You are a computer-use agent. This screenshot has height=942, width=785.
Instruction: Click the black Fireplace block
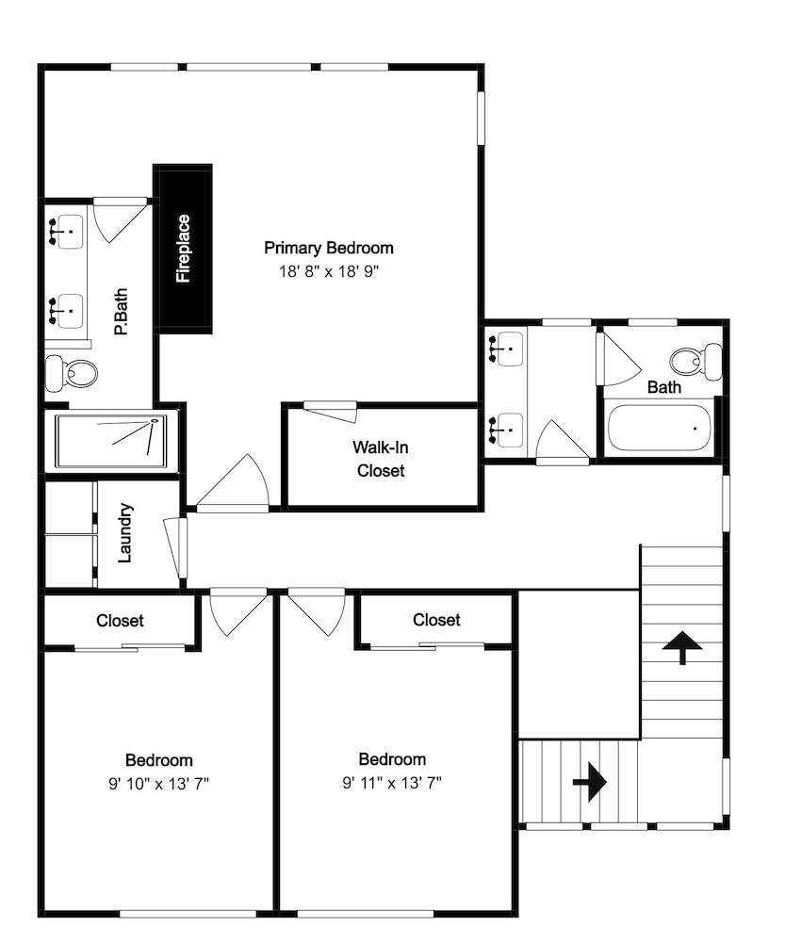183,248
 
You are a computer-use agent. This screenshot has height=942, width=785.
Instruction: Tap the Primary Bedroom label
329,248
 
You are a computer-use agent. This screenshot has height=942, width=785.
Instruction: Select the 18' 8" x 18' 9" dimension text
329,271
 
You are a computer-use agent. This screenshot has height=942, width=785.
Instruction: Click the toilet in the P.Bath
72,373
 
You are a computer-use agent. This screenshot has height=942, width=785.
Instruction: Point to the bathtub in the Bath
659,428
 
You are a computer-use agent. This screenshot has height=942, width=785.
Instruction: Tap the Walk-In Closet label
381,459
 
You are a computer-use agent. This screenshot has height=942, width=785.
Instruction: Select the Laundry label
125,533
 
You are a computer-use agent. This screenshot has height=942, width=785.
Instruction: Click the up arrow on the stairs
682,647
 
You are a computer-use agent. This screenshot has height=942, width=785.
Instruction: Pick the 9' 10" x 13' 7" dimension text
158,784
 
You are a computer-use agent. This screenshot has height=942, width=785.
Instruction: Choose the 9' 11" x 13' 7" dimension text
392,783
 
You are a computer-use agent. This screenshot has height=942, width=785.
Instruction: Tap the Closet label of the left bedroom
121,621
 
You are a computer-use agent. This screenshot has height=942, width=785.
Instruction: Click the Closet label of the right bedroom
436,620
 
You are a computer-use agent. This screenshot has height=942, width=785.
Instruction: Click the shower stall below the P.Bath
110,441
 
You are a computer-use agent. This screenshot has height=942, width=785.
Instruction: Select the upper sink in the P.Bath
66,232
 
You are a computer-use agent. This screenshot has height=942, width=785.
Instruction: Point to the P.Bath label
122,312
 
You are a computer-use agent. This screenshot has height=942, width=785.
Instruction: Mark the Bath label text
664,387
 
